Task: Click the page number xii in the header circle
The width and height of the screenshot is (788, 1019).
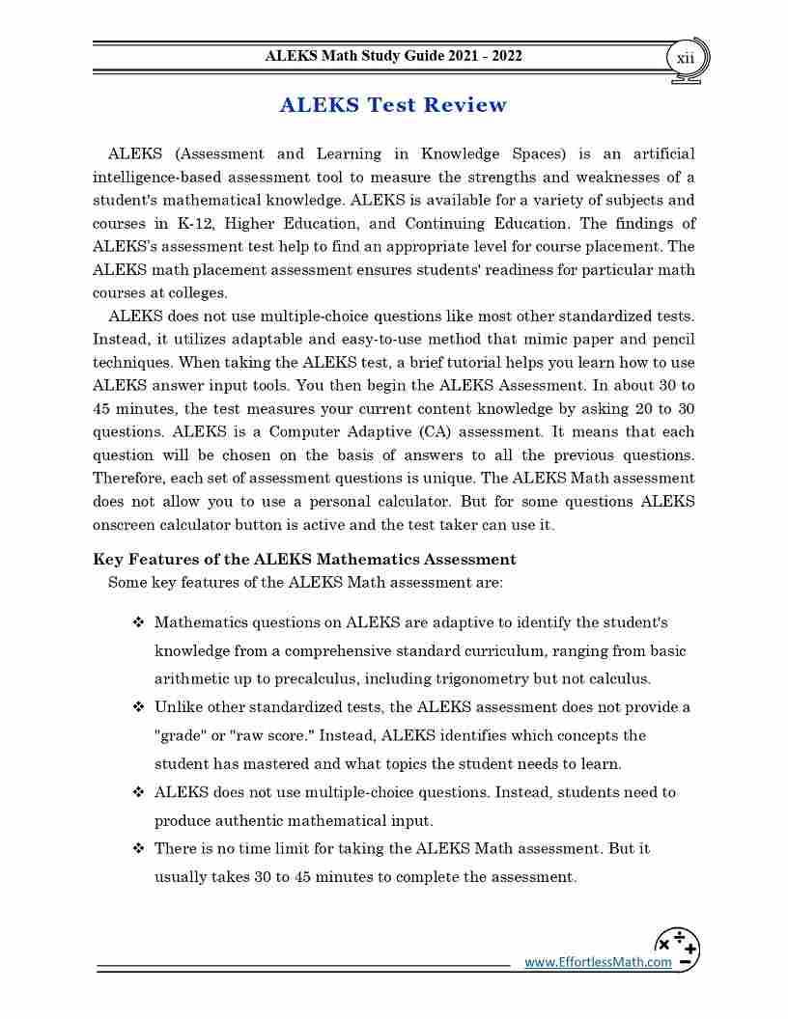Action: click(x=685, y=58)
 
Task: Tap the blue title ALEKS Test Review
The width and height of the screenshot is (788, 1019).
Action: click(x=393, y=105)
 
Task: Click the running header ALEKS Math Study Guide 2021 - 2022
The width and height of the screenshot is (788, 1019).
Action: click(x=393, y=56)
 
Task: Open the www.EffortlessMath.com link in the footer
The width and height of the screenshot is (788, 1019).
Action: click(x=598, y=962)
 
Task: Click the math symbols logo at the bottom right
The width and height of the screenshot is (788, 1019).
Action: click(x=677, y=949)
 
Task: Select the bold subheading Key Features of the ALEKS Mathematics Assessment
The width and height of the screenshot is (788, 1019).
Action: click(x=304, y=559)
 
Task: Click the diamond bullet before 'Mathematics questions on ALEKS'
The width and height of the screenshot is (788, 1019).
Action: click(x=138, y=622)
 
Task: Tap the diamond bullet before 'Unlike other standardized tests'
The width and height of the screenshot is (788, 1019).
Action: click(x=138, y=707)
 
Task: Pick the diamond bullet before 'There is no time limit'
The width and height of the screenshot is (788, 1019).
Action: click(x=138, y=849)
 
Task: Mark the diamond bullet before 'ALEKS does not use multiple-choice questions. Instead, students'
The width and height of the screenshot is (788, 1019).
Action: click(x=138, y=792)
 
